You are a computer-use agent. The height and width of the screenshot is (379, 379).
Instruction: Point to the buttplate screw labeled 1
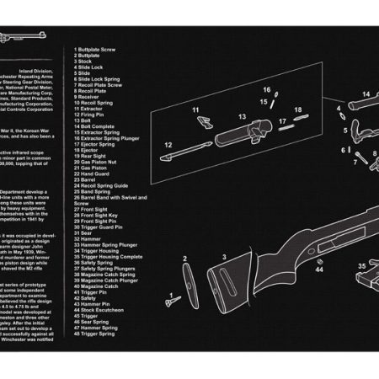coord(170,296)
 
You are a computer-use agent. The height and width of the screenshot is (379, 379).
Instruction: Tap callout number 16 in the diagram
coord(266,89)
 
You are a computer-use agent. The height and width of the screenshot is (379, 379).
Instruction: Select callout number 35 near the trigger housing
coord(361,264)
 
